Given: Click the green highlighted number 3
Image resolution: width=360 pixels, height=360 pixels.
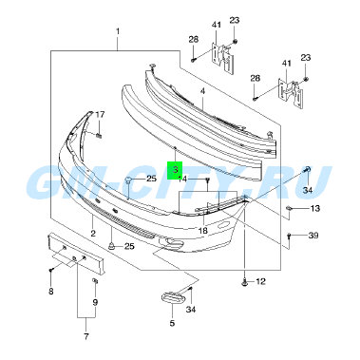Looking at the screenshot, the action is click(176, 170).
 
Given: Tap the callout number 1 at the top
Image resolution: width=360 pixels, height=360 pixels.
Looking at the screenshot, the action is click(118, 31).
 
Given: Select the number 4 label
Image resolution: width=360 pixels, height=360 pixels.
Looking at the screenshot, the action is click(202, 91).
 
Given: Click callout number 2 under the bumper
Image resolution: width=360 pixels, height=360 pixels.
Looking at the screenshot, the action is click(93, 234).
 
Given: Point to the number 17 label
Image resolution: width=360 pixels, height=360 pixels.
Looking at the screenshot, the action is click(100, 114).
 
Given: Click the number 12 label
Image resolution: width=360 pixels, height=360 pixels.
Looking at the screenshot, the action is click(261, 281).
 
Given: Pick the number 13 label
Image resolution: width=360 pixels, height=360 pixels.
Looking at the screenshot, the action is click(315, 208).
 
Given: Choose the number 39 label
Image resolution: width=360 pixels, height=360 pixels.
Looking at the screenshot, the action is click(313, 236).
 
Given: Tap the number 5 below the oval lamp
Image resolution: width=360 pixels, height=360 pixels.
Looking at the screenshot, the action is click(172, 323).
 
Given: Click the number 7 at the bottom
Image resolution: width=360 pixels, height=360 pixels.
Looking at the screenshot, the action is click(86, 336).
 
